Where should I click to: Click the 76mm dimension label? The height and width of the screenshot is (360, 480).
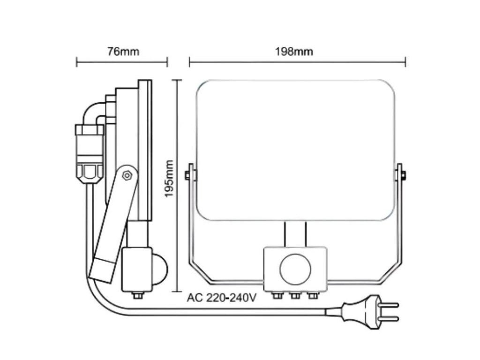point(123,51)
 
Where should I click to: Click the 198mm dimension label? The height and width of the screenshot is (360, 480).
point(297,51)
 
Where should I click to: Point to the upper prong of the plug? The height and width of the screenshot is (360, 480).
point(389,305)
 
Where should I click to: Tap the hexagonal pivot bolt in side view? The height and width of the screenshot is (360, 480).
point(126,175)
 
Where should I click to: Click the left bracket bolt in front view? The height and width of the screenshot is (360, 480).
point(188,176)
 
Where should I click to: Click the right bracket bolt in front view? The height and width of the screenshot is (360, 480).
point(402,176)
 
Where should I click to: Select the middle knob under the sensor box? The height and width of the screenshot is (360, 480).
point(295,296)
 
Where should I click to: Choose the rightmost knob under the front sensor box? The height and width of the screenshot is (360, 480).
point(311,296)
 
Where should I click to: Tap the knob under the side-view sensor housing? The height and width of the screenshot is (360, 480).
point(137,296)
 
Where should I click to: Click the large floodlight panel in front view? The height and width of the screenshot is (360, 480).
point(295,150)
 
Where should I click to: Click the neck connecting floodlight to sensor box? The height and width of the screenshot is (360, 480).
point(295,234)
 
